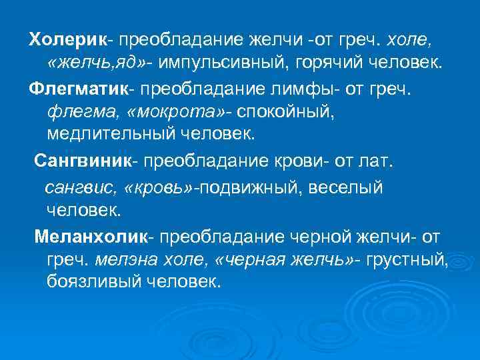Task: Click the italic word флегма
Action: coord(74,111)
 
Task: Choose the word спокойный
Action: coord(279,111)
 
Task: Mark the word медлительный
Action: coord(107,135)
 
